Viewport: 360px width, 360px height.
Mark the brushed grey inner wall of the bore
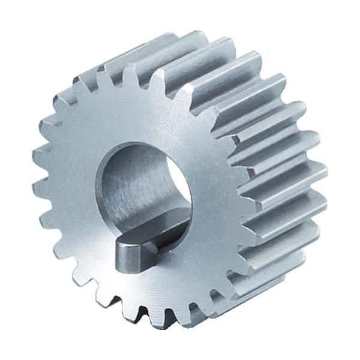[129, 192]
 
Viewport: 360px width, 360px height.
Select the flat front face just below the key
[144, 282]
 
